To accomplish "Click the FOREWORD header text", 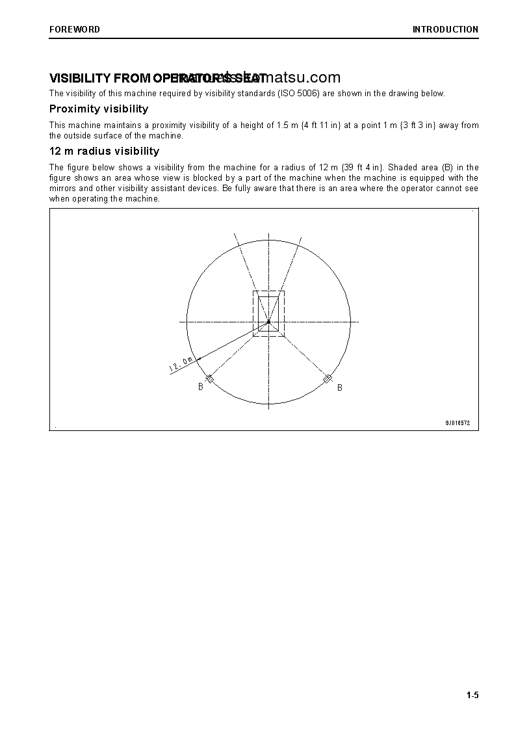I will (x=75, y=29).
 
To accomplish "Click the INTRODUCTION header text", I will (x=445, y=29).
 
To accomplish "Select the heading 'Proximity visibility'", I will (x=99, y=109).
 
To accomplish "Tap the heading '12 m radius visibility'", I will (x=104, y=151).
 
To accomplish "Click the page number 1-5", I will (x=472, y=696).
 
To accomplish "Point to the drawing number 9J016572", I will (x=457, y=423).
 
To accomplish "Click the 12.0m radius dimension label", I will (x=181, y=364).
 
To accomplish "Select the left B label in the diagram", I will (x=201, y=387).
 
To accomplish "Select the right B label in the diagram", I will (x=339, y=388).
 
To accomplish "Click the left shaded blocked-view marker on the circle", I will (x=209, y=378).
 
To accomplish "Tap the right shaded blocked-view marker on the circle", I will (x=328, y=378).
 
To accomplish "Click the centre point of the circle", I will (x=268, y=322).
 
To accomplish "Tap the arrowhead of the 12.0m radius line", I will (x=199, y=358).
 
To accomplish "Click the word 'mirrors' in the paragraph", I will (x=63, y=189).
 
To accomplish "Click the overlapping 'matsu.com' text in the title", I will (x=305, y=78).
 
